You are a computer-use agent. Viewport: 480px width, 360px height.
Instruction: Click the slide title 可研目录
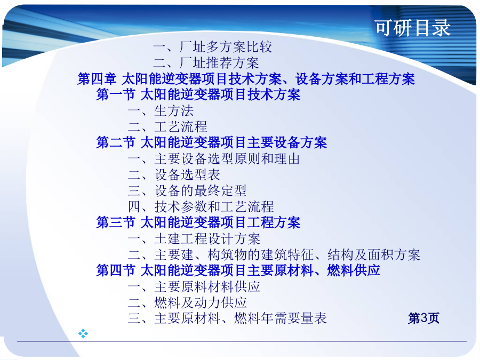pyautogui.click(x=413, y=28)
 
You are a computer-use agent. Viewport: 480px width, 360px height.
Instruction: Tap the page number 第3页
pyautogui.click(x=423, y=318)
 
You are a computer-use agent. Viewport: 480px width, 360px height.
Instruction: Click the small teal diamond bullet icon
pyautogui.click(x=83, y=333)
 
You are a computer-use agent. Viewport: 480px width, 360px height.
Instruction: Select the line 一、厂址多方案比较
pyautogui.click(x=212, y=47)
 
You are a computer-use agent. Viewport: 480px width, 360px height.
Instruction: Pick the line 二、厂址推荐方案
pyautogui.click(x=206, y=63)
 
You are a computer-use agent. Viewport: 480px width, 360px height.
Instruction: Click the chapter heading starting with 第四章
pyautogui.click(x=246, y=79)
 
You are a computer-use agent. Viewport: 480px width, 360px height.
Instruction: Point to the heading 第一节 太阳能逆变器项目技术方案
pyautogui.click(x=198, y=94)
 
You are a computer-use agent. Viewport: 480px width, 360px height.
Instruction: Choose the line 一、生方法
pyautogui.click(x=161, y=111)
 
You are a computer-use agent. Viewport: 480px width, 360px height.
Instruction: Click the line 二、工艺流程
pyautogui.click(x=167, y=127)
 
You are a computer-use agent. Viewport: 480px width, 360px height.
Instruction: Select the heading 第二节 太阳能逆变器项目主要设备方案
pyautogui.click(x=212, y=142)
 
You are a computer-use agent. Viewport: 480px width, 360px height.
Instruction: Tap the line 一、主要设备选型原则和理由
pyautogui.click(x=214, y=159)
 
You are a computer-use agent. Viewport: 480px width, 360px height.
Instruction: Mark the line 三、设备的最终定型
pyautogui.click(x=187, y=191)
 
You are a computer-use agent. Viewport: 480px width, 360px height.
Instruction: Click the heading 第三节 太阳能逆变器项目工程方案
pyautogui.click(x=198, y=222)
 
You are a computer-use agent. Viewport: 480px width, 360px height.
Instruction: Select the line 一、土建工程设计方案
pyautogui.click(x=194, y=239)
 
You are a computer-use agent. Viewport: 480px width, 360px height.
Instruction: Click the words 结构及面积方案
pyautogui.click(x=374, y=255)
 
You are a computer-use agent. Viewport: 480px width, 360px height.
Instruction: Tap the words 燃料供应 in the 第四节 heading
pyautogui.click(x=354, y=270)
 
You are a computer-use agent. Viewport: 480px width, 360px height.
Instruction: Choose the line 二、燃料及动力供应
pyautogui.click(x=187, y=303)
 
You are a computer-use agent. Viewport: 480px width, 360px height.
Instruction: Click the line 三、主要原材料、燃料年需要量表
pyautogui.click(x=227, y=318)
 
